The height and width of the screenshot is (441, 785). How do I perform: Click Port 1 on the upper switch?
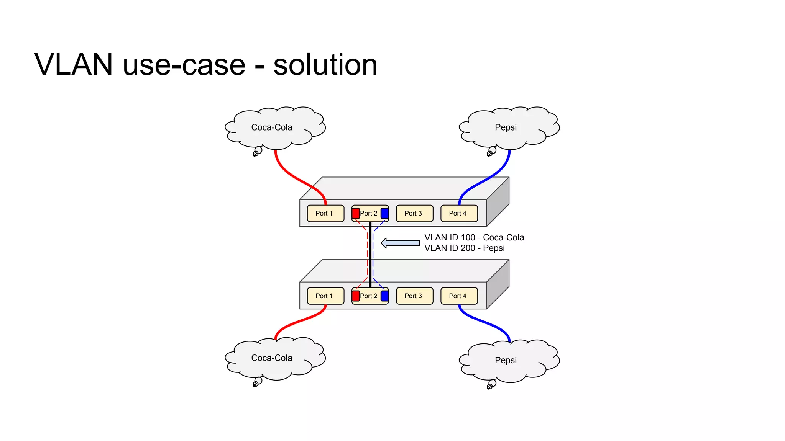click(x=325, y=213)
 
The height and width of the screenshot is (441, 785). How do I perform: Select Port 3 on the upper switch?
click(x=414, y=213)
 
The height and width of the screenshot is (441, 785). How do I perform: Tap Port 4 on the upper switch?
click(x=459, y=213)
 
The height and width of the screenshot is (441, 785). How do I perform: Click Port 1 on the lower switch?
click(x=325, y=296)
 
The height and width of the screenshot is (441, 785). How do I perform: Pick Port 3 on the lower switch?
click(x=414, y=296)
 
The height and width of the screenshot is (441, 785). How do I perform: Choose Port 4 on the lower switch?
click(x=459, y=296)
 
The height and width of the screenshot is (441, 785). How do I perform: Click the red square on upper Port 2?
click(x=356, y=213)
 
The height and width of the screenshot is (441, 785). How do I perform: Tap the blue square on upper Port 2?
click(x=384, y=213)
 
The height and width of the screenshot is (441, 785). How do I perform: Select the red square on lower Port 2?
click(x=356, y=296)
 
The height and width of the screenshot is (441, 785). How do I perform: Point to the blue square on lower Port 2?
click(x=384, y=296)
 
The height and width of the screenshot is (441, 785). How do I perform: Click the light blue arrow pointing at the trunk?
click(x=400, y=243)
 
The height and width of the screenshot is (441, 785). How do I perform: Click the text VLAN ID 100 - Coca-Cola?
click(x=474, y=237)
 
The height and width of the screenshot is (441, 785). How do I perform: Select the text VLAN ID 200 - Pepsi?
click(x=464, y=248)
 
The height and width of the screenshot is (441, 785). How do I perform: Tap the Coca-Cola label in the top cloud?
click(x=271, y=127)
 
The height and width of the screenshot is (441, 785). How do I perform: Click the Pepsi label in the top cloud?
click(x=506, y=127)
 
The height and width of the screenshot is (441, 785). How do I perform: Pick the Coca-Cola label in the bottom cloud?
click(x=271, y=358)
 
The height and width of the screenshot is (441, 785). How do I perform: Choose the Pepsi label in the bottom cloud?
click(x=506, y=360)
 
